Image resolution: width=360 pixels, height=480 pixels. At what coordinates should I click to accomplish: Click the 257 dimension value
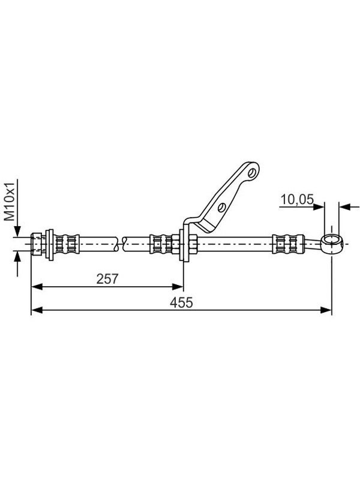pos(107,279)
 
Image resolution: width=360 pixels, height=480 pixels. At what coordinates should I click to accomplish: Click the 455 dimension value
pos(182,302)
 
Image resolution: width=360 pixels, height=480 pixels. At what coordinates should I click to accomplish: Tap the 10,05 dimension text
pos(297,200)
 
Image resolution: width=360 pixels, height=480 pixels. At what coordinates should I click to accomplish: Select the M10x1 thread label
pos(10,202)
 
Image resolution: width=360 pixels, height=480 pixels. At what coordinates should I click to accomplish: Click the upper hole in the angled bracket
pos(252,173)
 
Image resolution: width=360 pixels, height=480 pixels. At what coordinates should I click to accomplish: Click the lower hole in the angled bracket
pos(222,207)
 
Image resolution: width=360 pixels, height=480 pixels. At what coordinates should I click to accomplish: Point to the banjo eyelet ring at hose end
pos(332,244)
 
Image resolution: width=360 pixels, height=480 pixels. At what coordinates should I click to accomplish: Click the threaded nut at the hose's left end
pos(37,244)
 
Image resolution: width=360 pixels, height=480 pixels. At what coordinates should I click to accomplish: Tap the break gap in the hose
pos(119,244)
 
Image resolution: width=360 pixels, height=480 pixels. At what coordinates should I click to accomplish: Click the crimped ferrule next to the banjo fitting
pos(289,244)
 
